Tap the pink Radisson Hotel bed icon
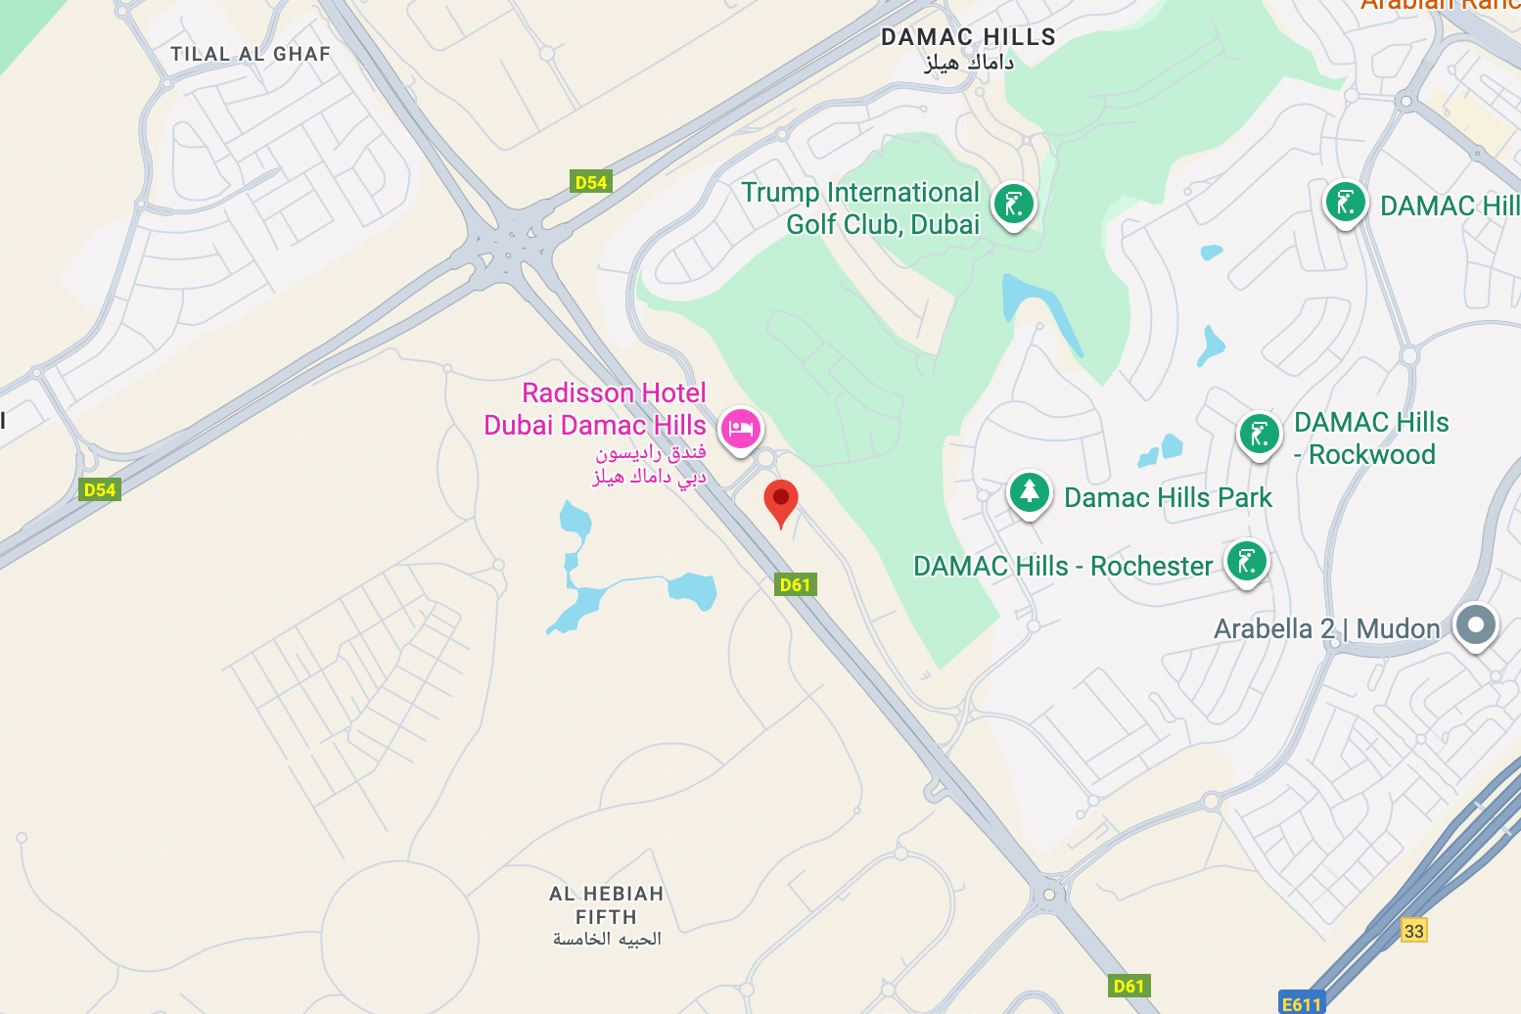741,429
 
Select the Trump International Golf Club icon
1013,205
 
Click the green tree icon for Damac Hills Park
1029,492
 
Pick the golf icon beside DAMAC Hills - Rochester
1246,562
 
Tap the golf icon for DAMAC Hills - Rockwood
1259,434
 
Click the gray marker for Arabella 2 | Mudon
1475,624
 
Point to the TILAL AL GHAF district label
251,54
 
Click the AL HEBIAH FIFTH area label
606,905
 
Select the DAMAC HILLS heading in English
968,37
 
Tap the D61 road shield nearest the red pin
795,585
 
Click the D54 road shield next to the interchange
590,182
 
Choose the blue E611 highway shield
1301,1004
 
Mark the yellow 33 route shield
1413,930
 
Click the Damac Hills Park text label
1168,497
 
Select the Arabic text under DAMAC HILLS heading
968,63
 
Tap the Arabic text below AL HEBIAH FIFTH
607,940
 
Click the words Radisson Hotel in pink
614,392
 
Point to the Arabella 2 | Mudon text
1326,628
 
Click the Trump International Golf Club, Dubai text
860,207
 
